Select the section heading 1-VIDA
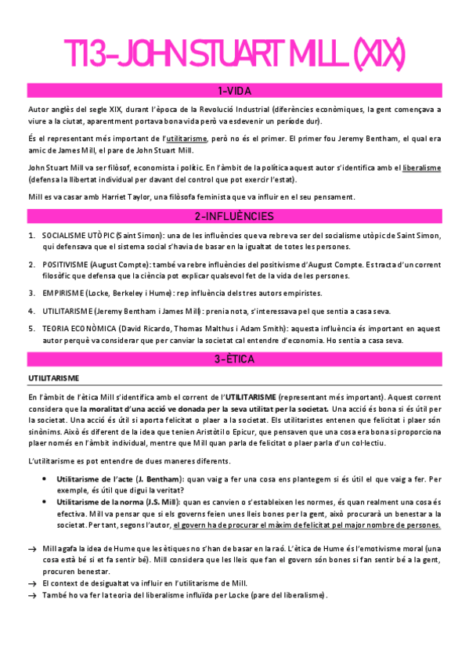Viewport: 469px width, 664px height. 234,90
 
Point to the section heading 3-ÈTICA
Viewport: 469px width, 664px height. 234,359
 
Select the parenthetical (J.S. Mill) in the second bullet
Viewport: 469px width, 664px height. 159,501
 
